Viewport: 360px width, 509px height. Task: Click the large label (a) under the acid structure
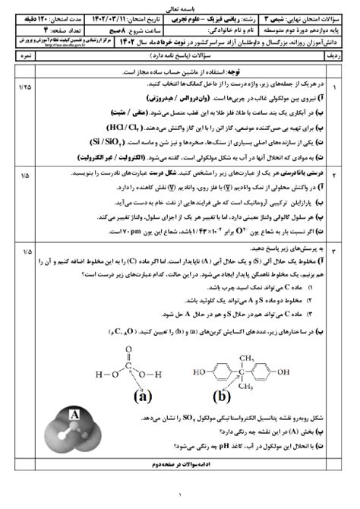(141, 396)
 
